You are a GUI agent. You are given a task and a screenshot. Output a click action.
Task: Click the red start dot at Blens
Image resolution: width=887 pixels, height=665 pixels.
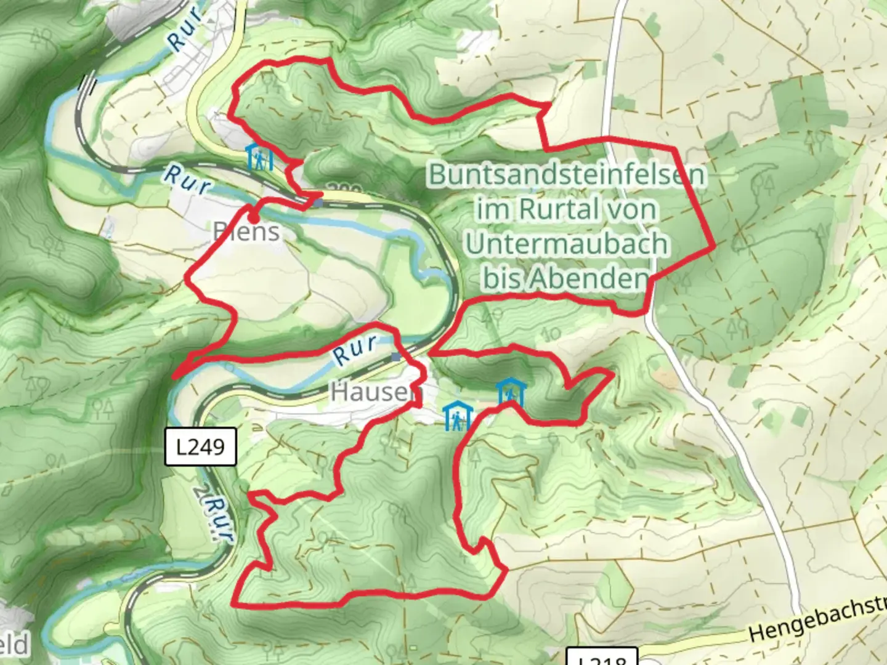[253, 217]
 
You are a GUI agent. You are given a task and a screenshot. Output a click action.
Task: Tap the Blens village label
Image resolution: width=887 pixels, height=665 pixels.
[246, 232]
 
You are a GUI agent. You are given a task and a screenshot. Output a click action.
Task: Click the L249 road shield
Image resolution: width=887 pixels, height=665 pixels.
[201, 446]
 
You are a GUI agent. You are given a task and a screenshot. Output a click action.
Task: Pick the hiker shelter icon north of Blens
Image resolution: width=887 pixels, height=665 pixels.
[260, 158]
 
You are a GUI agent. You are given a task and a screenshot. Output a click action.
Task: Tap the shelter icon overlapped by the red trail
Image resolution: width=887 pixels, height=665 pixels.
[511, 392]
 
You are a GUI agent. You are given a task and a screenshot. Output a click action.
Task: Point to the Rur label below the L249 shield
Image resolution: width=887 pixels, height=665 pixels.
[214, 518]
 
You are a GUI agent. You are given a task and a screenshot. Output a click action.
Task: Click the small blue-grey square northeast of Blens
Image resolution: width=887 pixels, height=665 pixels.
[318, 202]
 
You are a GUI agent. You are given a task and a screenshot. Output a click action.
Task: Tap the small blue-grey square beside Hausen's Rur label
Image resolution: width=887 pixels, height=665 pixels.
[395, 357]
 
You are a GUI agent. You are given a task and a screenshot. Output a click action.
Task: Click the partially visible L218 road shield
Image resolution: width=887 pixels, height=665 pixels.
[602, 658]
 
